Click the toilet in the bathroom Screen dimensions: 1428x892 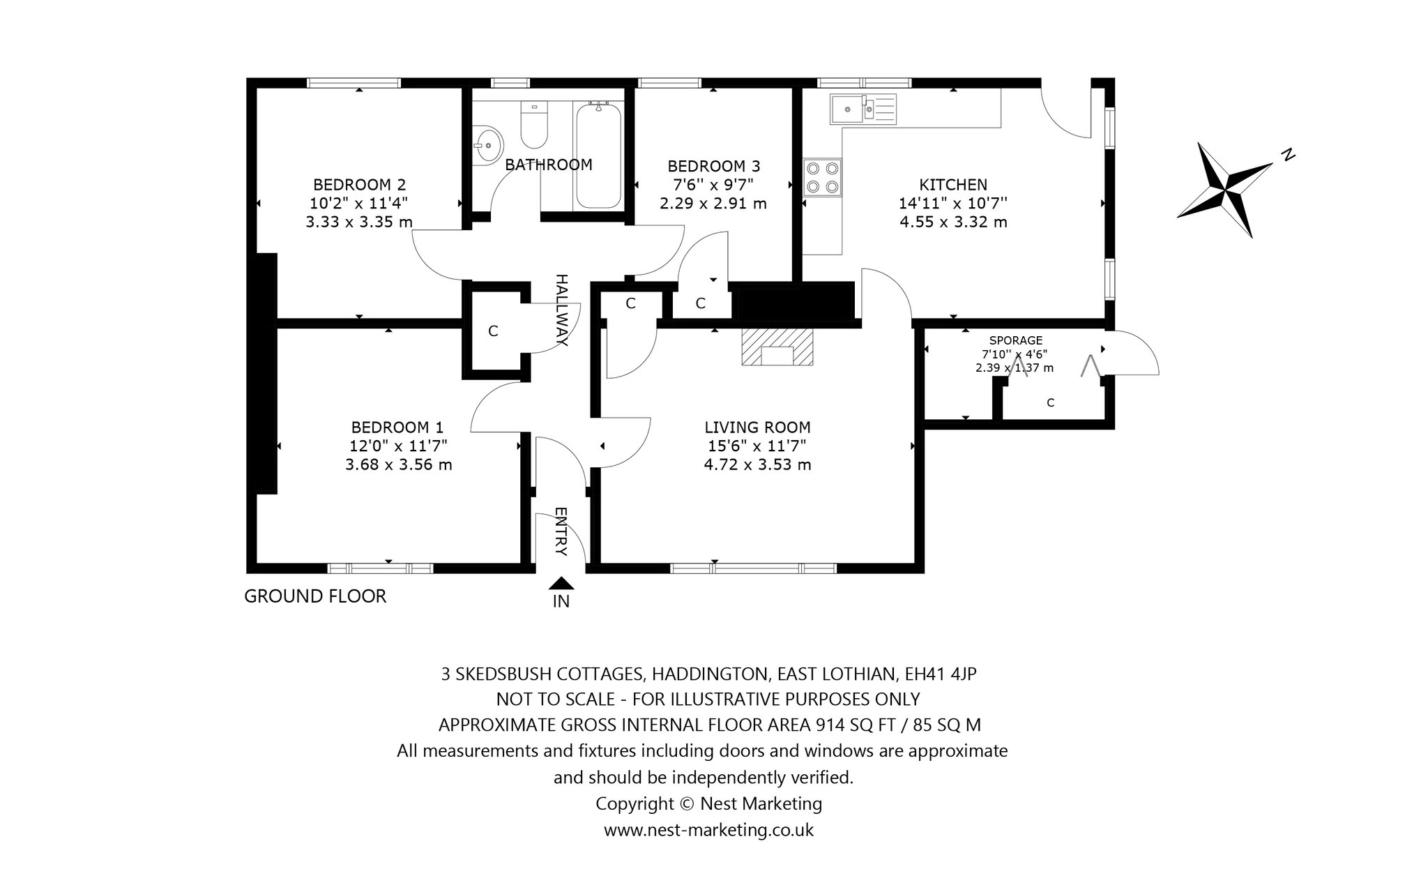click(x=535, y=126)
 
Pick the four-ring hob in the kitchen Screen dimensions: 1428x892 click(x=822, y=177)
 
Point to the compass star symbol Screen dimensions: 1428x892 click(x=1225, y=190)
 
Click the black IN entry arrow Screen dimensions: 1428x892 click(x=561, y=584)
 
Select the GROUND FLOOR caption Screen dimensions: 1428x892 click(x=315, y=596)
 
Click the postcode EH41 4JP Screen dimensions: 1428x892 click(x=941, y=674)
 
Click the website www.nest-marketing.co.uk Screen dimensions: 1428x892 click(x=708, y=830)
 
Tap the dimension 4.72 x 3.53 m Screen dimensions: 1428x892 click(x=757, y=464)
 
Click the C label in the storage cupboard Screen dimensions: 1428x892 click(x=1050, y=402)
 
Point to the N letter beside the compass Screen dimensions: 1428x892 click(x=1289, y=155)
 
